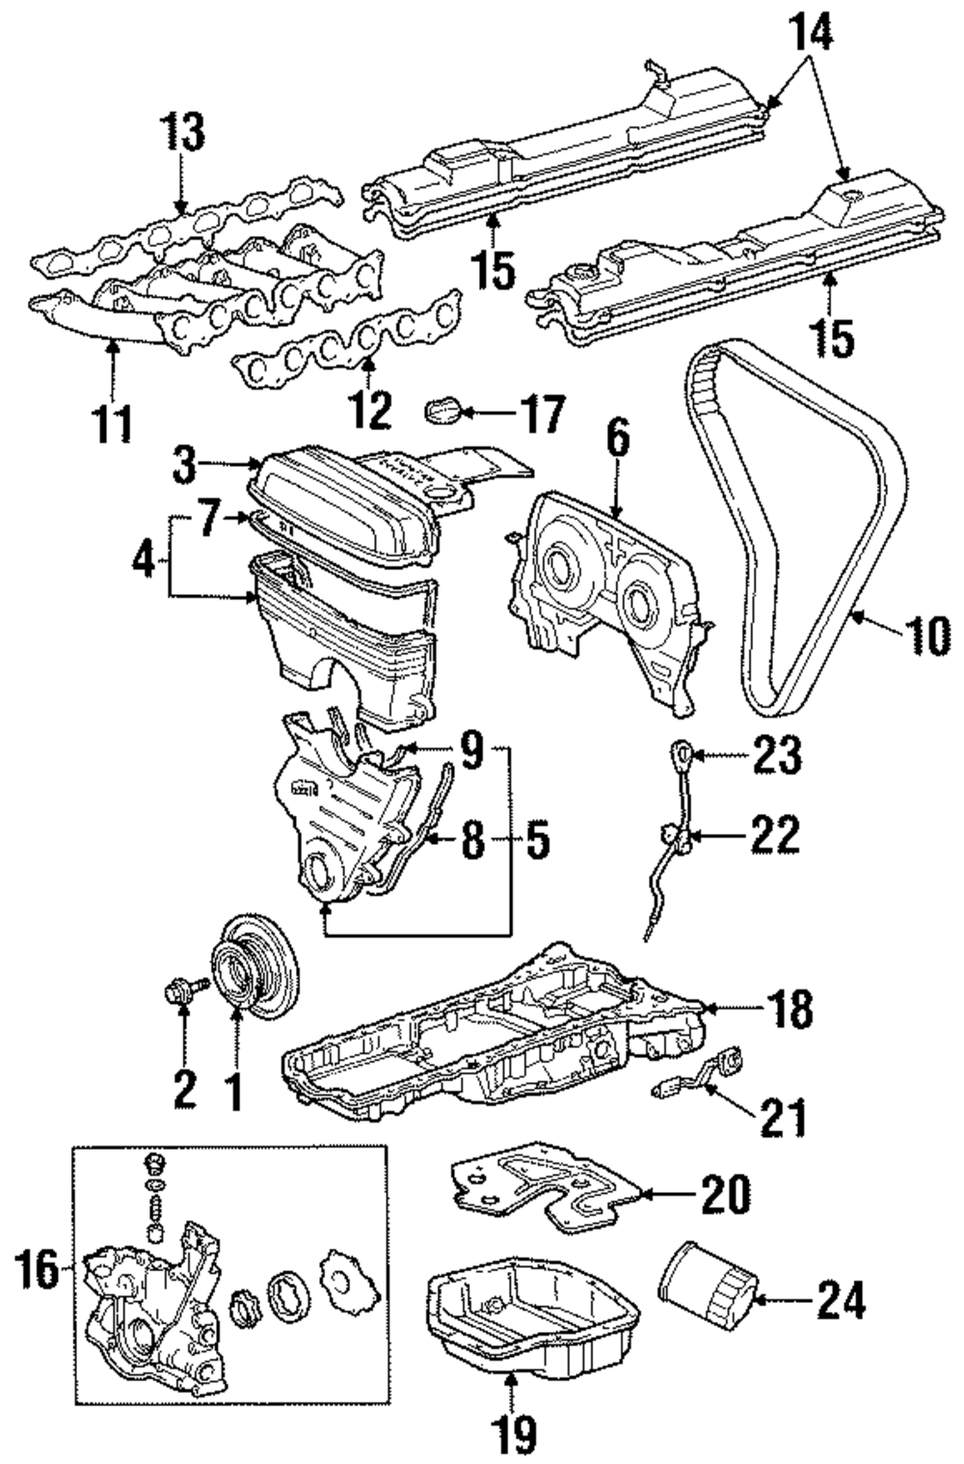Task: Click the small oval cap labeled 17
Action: click(443, 411)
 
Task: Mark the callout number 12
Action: click(372, 409)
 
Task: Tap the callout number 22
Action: click(775, 833)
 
